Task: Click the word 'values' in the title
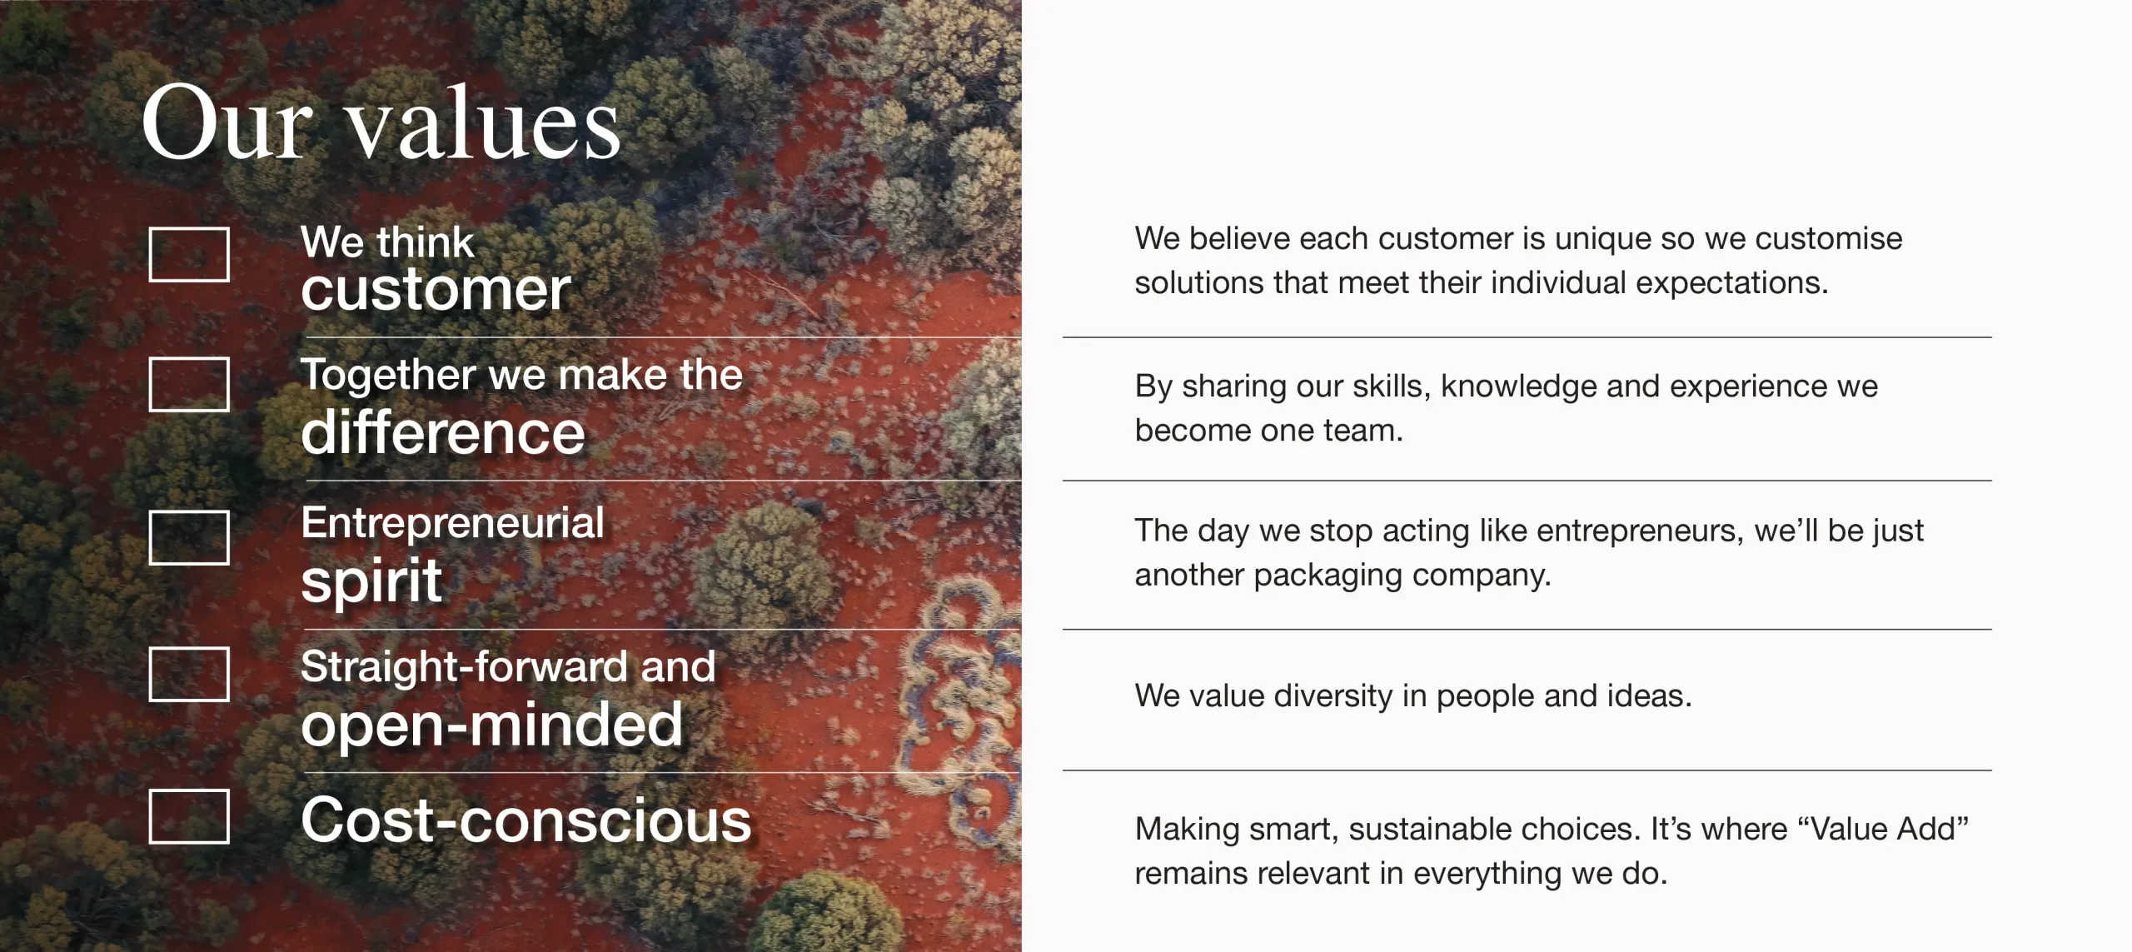pyautogui.click(x=484, y=123)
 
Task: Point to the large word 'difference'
pyautogui.click(x=443, y=432)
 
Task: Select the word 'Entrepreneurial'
pyautogui.click(x=452, y=523)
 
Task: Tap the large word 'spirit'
pyautogui.click(x=371, y=581)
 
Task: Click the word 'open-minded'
pyautogui.click(x=492, y=724)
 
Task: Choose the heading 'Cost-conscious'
pyautogui.click(x=526, y=820)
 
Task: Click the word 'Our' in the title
pyautogui.click(x=227, y=122)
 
